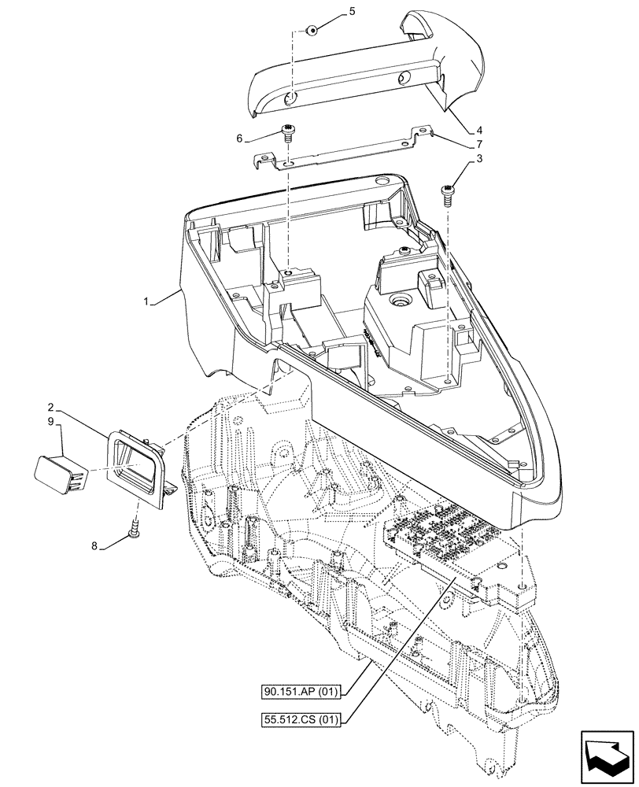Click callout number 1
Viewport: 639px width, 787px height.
coord(149,300)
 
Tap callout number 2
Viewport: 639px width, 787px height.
coord(50,408)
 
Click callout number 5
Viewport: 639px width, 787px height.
coord(352,11)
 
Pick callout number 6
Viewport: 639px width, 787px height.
coord(239,139)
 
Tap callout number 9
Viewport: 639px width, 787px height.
coord(50,423)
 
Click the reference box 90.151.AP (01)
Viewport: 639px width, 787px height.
coord(301,693)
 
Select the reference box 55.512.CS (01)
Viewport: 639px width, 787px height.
coord(301,718)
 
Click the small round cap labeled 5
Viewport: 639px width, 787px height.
coord(313,31)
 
